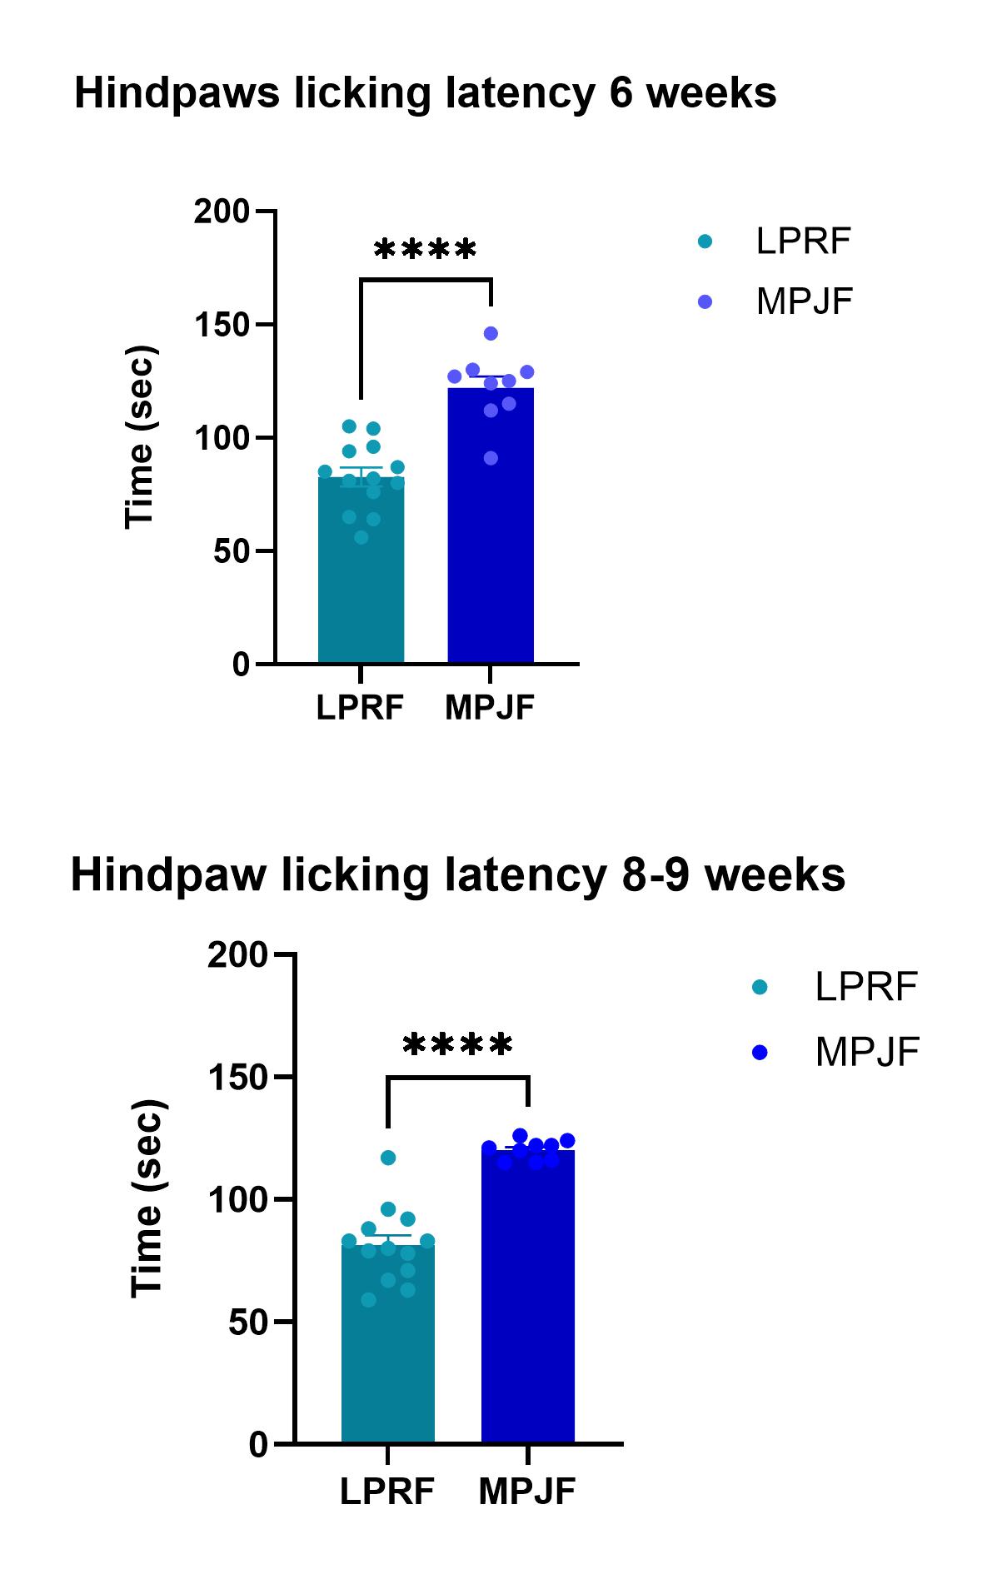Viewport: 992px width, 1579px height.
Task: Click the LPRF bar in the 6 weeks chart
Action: point(361,583)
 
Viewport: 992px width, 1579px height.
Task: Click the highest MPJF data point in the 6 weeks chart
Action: point(491,333)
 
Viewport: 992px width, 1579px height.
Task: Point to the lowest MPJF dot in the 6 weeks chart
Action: point(491,458)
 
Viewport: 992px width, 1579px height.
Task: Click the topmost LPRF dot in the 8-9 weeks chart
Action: point(388,1158)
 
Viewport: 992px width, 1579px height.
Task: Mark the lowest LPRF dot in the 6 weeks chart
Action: point(361,537)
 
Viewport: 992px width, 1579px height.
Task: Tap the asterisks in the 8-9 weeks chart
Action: point(457,1044)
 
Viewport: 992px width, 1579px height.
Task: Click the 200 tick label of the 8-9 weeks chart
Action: point(237,954)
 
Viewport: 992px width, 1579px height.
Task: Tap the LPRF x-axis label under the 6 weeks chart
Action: point(360,708)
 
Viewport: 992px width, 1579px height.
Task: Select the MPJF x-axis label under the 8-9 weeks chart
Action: point(527,1492)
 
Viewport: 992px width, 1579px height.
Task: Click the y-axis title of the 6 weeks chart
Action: point(140,437)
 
